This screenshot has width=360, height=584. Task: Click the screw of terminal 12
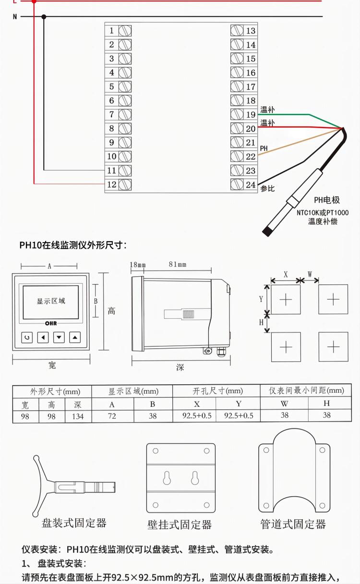pos(125,184)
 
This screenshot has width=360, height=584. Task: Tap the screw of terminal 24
pos(237,184)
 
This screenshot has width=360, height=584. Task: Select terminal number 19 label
pos(251,115)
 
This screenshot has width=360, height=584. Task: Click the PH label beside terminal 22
pos(264,148)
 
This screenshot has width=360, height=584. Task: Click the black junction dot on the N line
pos(44,17)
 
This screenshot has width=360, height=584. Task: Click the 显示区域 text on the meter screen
pos(51,301)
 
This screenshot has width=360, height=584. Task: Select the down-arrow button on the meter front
pos(59,338)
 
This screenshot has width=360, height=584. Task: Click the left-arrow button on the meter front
pos(43,338)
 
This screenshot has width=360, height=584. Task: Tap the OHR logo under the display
pos(51,324)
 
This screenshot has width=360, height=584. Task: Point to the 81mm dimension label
pos(177,265)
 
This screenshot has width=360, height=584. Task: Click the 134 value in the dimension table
pos(77,416)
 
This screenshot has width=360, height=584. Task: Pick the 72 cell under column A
pos(112,416)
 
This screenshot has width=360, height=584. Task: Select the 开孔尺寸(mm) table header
pos(217,391)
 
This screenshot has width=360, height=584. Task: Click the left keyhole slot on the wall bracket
pos(167,478)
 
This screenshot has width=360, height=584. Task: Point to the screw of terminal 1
pos(125,31)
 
